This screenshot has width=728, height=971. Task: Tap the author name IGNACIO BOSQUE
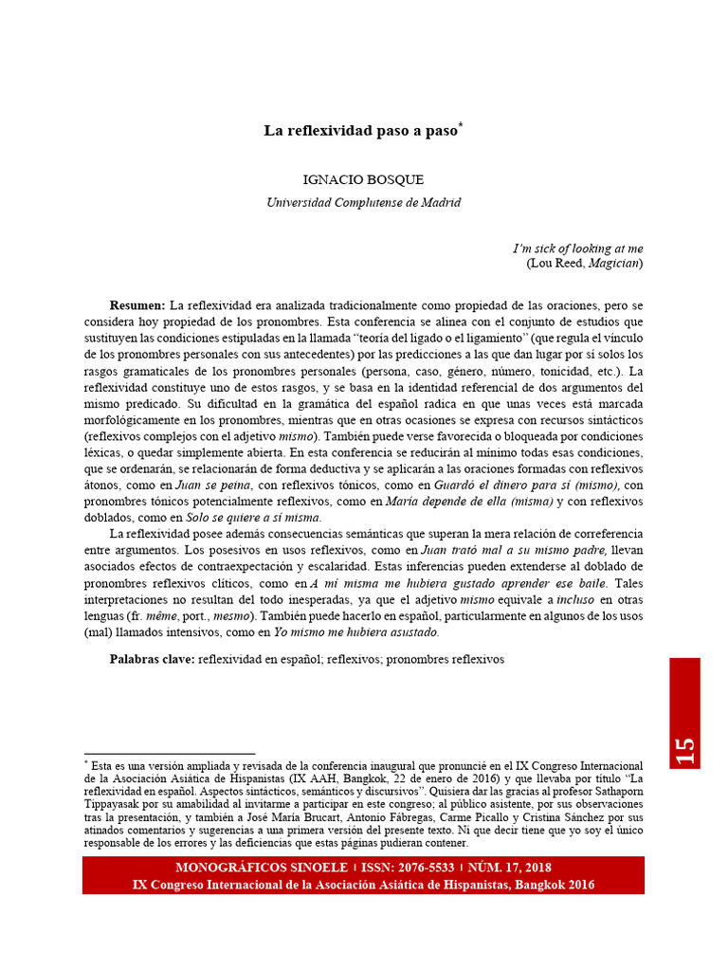coord(363,180)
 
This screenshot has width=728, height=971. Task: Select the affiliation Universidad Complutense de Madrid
coord(363,202)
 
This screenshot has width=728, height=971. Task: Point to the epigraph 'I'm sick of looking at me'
coord(577,248)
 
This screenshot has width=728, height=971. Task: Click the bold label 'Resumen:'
coord(137,305)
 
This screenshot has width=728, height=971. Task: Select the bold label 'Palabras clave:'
coord(153,658)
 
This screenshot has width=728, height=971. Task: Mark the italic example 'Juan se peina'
coord(220,485)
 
